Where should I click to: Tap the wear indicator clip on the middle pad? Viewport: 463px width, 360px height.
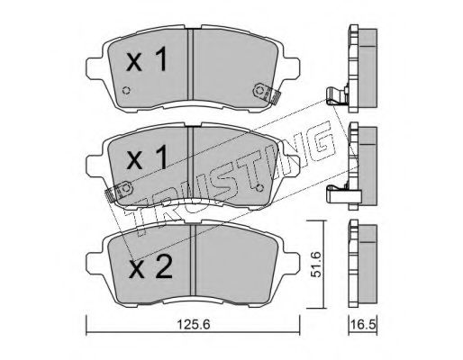pos(118,192)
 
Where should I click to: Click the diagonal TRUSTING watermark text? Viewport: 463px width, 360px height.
pos(225,171)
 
